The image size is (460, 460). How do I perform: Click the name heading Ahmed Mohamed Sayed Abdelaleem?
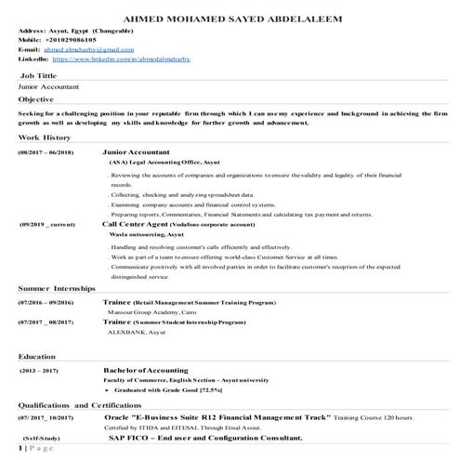[230, 18]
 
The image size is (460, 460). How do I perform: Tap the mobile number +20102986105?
[75, 42]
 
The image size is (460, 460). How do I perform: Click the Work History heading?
[44, 137]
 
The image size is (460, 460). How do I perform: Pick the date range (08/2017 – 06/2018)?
[46, 151]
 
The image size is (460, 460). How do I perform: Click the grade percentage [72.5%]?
[222, 391]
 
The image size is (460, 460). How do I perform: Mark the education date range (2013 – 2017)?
[40, 372]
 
